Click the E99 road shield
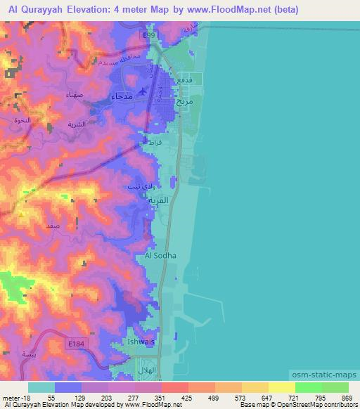[x=147, y=34]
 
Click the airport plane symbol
[x=144, y=91]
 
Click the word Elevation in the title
[x=87, y=10]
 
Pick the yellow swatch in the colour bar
[x=281, y=388]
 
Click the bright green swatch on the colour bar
[x=308, y=388]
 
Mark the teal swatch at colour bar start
[x=41, y=388]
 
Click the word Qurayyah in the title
[x=41, y=10]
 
